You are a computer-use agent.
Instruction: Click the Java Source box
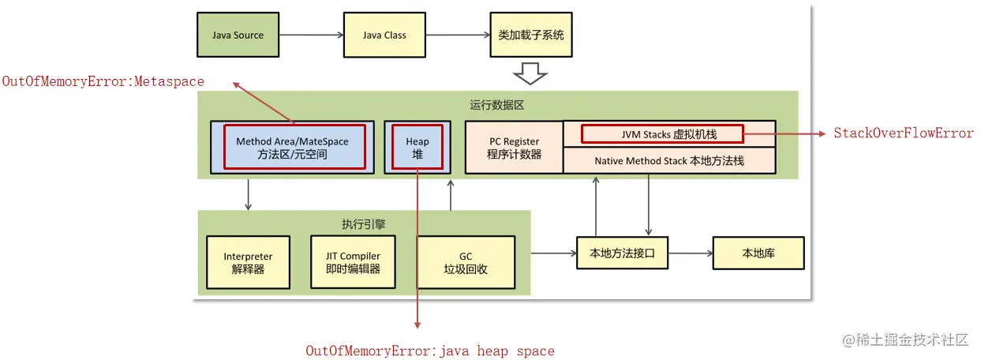coord(238,36)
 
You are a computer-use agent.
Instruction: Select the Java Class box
coord(384,36)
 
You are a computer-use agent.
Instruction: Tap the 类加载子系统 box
coord(531,36)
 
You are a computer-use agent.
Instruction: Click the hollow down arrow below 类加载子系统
coord(530,74)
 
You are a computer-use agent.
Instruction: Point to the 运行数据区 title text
coord(497,105)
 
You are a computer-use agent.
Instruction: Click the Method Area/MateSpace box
coord(292,147)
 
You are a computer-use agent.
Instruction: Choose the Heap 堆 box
coord(417,147)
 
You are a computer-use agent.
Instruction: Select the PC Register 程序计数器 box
coord(515,148)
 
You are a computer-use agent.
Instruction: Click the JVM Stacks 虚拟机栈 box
coord(661,134)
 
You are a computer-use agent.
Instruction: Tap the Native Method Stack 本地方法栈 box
coord(669,160)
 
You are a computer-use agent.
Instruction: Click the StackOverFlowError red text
coord(904,133)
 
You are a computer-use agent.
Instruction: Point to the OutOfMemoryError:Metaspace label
coord(103,81)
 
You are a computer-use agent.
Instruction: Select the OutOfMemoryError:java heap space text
coord(430,351)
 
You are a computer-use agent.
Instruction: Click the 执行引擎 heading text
coord(364,224)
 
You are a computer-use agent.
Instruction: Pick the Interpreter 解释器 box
coord(248,262)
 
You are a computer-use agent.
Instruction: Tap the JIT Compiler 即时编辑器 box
coord(353,262)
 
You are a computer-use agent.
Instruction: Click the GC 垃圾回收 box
coord(465,262)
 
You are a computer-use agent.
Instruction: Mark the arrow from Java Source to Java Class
coord(311,36)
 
